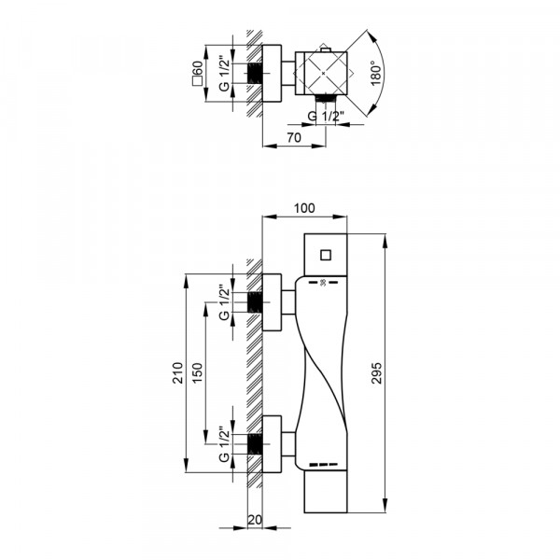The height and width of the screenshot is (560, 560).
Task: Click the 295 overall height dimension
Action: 377,373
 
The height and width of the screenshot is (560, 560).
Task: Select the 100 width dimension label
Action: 304,208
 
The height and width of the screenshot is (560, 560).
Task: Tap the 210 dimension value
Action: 178,372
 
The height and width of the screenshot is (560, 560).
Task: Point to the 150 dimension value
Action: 198,373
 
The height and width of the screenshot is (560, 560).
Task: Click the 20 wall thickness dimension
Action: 255,520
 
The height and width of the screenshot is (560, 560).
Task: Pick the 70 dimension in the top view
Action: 294,137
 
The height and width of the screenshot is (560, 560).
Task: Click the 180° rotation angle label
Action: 377,73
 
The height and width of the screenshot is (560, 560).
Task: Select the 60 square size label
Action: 198,73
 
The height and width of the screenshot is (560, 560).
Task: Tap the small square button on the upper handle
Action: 326,255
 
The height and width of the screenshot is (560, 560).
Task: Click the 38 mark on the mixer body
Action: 323,283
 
